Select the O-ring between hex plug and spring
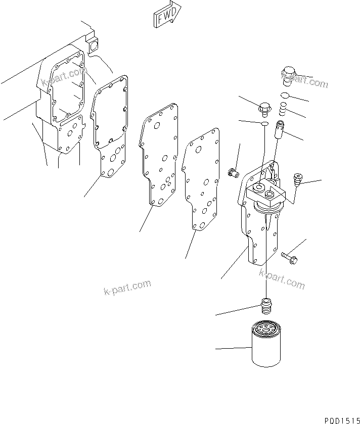pyautogui.click(x=285, y=96)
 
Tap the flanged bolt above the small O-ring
pyautogui.click(x=264, y=108)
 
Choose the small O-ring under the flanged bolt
pyautogui.click(x=264, y=122)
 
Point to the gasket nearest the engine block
pyautogui.click(x=109, y=126)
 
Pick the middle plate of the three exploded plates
pyautogui.click(x=159, y=159)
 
